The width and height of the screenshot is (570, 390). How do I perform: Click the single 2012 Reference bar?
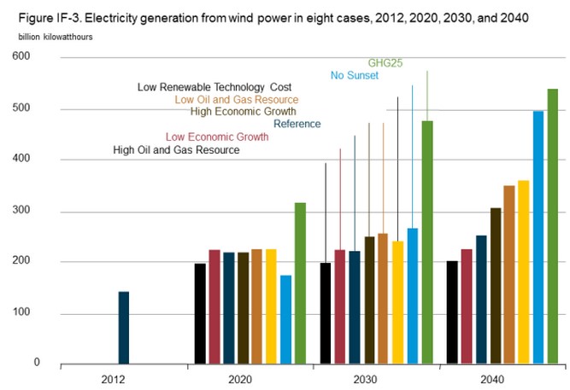pyautogui.click(x=124, y=328)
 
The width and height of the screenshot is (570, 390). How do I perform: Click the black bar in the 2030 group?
pyautogui.click(x=325, y=313)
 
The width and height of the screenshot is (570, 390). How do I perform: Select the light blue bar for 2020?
pyautogui.click(x=285, y=320)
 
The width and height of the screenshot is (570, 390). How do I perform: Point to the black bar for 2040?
pyautogui.click(x=452, y=312)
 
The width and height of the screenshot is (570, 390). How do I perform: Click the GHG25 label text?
pyautogui.click(x=385, y=63)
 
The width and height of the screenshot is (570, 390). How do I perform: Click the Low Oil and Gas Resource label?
pyautogui.click(x=236, y=100)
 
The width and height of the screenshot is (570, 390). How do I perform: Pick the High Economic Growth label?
pyautogui.click(x=244, y=112)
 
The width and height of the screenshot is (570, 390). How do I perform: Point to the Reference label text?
pyautogui.click(x=297, y=125)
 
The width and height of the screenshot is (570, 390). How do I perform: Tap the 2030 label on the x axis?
pyautogui.click(x=376, y=378)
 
